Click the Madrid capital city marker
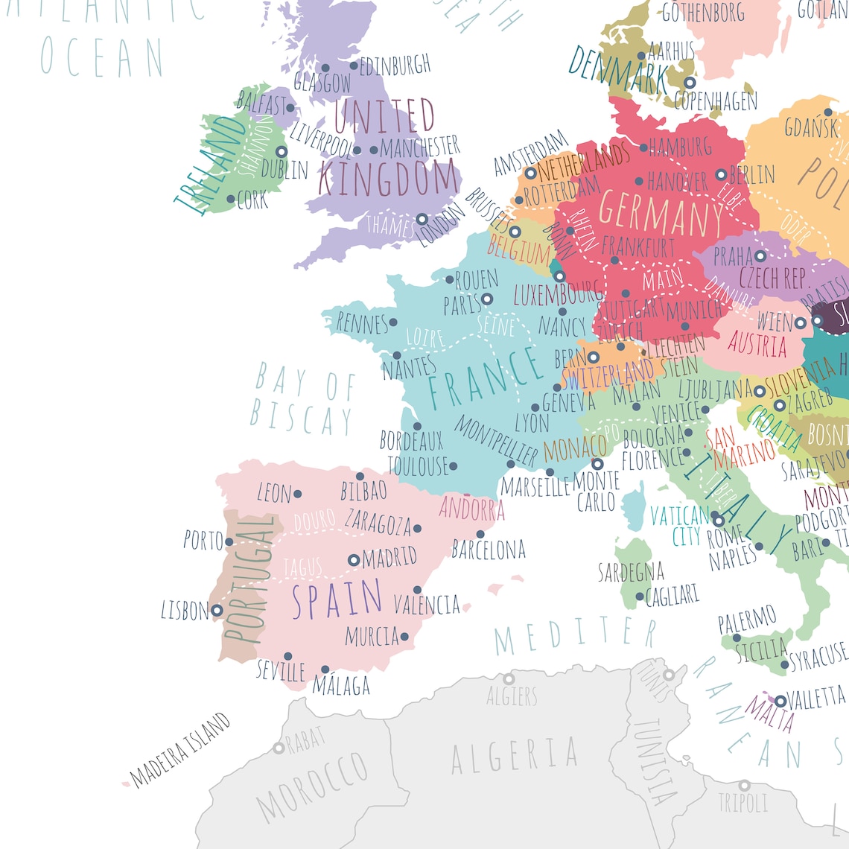[x=354, y=560]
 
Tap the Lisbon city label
[x=185, y=611]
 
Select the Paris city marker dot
[x=487, y=299]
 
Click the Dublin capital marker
[x=282, y=152]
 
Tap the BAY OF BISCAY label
[x=303, y=400]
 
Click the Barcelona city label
[x=489, y=550]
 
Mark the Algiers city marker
[x=509, y=679]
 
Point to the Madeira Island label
[x=180, y=750]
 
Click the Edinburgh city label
[x=395, y=66]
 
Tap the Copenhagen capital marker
[x=690, y=83]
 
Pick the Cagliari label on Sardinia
[x=672, y=595]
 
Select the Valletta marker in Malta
[x=780, y=702]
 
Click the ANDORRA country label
[x=471, y=509]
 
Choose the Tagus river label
[x=303, y=568]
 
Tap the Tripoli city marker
[x=744, y=786]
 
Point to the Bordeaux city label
[x=411, y=440]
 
